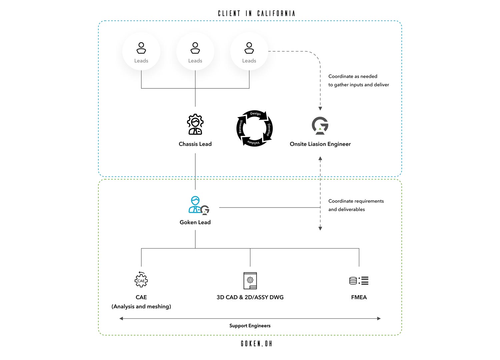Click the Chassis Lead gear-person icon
[x=195, y=124]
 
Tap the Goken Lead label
[x=195, y=222]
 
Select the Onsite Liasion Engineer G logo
[x=320, y=125]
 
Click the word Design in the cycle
[x=255, y=114]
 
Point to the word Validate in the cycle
[x=253, y=142]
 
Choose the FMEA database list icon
[x=359, y=281]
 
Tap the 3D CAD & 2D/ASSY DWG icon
[x=250, y=281]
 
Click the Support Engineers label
[x=250, y=326]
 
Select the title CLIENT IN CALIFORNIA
[x=256, y=13]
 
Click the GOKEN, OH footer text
[x=256, y=343]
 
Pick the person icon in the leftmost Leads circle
[x=141, y=48]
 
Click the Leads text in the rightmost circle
[x=249, y=61]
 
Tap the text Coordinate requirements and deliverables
[x=356, y=205]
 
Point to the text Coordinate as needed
[x=353, y=76]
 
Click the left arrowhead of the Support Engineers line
[x=121, y=318]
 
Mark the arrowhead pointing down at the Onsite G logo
[x=320, y=109]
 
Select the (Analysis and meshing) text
[x=141, y=306]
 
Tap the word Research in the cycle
[x=240, y=127]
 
